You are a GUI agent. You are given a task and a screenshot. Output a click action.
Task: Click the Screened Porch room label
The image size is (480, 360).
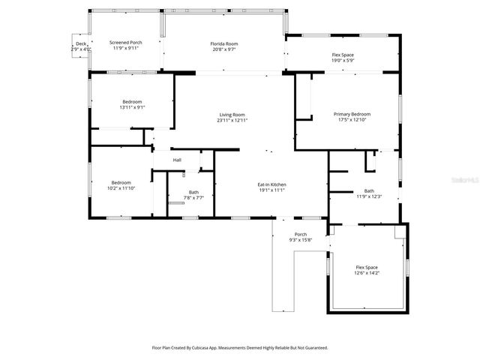click(125, 43)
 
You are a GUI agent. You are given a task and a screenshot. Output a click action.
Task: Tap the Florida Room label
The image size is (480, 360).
click(223, 44)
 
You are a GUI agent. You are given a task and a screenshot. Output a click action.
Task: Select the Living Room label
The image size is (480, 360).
click(232, 114)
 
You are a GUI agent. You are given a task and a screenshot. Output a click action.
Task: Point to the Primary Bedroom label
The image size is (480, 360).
click(352, 114)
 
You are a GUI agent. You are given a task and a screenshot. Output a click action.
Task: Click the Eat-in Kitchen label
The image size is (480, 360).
click(271, 184)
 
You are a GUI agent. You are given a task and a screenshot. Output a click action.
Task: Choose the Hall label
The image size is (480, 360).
click(177, 160)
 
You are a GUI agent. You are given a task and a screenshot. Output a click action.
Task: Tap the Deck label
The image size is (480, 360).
click(81, 43)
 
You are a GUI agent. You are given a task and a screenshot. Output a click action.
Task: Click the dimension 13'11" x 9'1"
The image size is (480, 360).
click(132, 107)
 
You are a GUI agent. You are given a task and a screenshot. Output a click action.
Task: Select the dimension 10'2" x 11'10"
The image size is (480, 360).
click(121, 188)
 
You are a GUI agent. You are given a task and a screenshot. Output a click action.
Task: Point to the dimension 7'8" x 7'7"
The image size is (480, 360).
click(193, 197)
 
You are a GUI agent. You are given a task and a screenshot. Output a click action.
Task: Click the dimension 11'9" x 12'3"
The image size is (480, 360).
click(368, 196)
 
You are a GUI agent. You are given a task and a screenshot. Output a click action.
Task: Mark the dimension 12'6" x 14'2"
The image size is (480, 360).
click(366, 274)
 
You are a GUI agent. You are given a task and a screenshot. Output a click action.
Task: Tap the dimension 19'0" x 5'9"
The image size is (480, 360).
click(343, 61)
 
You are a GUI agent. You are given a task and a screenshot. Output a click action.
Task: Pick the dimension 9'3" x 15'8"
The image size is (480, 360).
click(300, 240)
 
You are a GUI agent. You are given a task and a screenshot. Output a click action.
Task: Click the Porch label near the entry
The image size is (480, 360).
click(300, 234)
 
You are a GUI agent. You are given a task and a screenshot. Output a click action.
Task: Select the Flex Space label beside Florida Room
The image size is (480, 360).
click(343, 55)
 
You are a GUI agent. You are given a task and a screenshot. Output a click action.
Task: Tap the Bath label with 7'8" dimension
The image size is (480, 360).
click(193, 192)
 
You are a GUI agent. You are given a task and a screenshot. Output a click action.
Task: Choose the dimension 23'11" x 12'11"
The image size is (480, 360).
click(232, 120)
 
